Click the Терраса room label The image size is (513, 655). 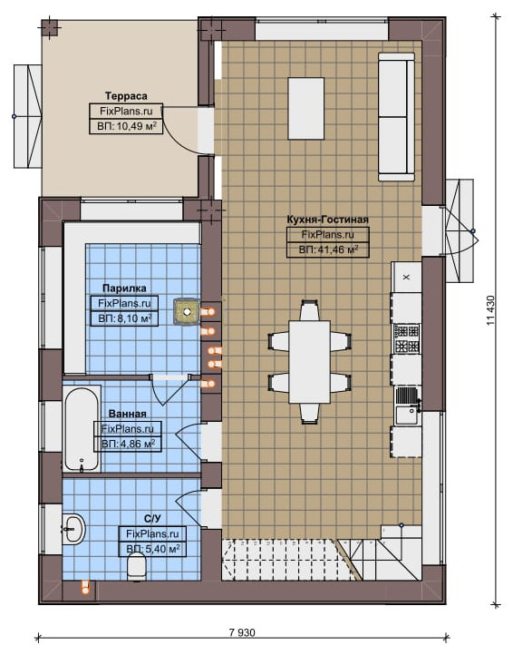[126, 96]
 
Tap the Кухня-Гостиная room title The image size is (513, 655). [328, 220]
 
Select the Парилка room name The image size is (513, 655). [124, 288]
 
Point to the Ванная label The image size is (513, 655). [127, 414]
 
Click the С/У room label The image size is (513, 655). [152, 519]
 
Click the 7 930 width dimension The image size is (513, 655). [242, 632]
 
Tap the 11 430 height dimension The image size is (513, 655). [490, 310]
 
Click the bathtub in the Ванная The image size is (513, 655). [82, 430]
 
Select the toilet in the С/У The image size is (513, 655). [136, 567]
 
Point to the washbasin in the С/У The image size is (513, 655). [74, 530]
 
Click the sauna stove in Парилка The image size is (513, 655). [187, 311]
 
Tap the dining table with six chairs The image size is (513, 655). [309, 362]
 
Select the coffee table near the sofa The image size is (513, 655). [306, 109]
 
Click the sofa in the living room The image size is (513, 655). [397, 116]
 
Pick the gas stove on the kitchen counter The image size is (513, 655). [407, 339]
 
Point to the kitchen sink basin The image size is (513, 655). [407, 415]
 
